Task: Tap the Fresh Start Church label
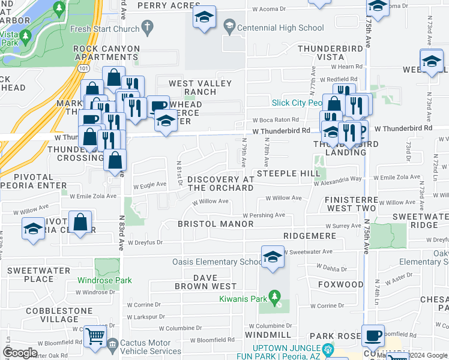(x=104, y=29)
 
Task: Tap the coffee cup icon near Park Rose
(x=372, y=335)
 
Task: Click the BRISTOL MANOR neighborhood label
(x=215, y=224)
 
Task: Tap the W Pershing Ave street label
(x=264, y=215)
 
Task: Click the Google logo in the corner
(x=20, y=353)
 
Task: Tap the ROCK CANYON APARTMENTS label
(x=106, y=53)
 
